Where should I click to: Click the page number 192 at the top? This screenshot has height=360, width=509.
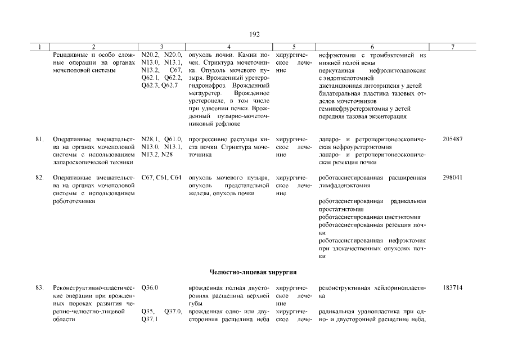tap(254, 34)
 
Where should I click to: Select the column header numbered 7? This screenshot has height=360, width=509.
tap(452, 47)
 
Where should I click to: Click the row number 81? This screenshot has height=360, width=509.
tap(40, 138)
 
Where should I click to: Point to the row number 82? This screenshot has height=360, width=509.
tap(40, 178)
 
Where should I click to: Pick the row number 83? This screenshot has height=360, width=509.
tap(40, 287)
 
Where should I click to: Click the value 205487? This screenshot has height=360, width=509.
tap(452, 138)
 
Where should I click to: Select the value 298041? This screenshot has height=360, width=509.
tap(452, 178)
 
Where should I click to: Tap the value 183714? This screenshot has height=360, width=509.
tap(452, 287)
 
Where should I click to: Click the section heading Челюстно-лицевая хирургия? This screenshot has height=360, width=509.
tap(253, 272)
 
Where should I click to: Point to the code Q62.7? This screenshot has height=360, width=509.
tap(169, 85)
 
